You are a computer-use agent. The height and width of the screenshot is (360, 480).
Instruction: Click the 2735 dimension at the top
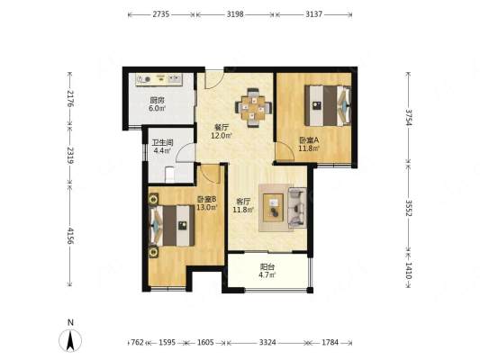coord(161,14)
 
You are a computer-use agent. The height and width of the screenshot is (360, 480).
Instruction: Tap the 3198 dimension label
coord(235,14)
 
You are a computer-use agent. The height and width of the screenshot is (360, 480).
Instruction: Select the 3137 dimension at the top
coord(313,14)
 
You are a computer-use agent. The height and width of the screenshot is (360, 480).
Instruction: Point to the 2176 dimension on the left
coord(70,98)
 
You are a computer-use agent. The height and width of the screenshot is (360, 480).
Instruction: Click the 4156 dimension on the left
coord(70,236)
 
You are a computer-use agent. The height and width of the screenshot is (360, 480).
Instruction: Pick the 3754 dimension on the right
coord(409,118)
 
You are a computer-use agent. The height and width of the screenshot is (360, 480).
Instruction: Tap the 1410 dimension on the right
coord(409,271)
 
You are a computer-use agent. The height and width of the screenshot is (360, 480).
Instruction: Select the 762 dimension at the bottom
coord(137,342)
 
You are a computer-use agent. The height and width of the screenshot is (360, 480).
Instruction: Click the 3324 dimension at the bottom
coord(267,342)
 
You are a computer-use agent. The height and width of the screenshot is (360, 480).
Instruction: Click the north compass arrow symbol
coord(70,340)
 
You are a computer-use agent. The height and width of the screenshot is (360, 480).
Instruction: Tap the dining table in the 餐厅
coord(253,108)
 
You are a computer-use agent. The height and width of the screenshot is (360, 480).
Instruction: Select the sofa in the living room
coord(297,208)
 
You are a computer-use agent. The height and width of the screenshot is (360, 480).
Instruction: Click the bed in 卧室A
coord(328,105)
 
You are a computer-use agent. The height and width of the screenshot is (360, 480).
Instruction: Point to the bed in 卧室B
coord(171,225)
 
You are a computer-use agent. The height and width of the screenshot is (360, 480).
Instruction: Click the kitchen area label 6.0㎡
coord(157,108)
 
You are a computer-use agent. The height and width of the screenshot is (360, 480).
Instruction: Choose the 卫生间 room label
coord(163,142)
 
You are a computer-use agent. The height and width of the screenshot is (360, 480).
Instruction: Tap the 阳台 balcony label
coord(267,266)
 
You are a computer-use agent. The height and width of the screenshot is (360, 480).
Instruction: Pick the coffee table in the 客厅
coord(273,208)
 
